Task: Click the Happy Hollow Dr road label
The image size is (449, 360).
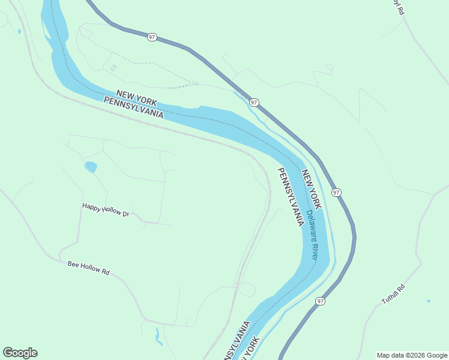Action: (106, 209)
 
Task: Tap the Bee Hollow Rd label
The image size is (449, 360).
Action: (88, 268)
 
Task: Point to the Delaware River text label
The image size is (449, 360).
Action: (312, 234)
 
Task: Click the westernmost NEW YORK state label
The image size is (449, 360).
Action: (136, 96)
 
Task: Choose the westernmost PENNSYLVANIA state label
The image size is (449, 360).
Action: (133, 107)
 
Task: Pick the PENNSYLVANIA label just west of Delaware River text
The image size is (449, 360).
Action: (290, 197)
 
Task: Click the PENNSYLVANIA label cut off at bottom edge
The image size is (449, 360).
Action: (237, 342)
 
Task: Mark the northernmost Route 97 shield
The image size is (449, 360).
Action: (151, 37)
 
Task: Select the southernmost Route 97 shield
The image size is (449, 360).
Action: (321, 301)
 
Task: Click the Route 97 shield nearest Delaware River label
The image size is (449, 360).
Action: (336, 193)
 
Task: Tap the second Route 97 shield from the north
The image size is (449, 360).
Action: (254, 103)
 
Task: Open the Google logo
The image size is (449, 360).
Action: (20, 353)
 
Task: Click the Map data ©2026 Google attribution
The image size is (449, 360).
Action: (412, 355)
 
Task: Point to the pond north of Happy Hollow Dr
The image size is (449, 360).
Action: (91, 166)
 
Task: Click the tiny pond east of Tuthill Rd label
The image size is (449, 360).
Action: (428, 301)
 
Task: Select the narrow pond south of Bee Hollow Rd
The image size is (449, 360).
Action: (158, 337)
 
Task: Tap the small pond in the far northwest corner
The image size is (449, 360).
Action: (20, 31)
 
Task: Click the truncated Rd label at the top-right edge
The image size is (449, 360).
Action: (397, 7)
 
